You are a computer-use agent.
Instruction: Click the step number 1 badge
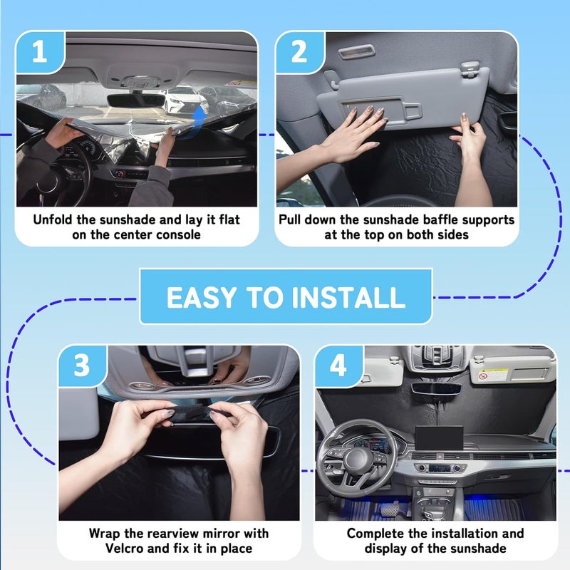pyautogui.click(x=40, y=53)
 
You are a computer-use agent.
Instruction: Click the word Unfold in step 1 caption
pyautogui.click(x=56, y=219)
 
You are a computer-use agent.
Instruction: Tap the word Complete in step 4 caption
pyautogui.click(x=375, y=533)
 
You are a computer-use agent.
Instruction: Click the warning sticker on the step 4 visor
pyautogui.click(x=484, y=375)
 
